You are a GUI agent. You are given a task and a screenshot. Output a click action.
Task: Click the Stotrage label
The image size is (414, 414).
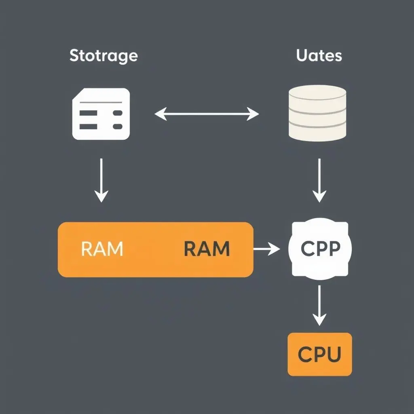[x=103, y=56]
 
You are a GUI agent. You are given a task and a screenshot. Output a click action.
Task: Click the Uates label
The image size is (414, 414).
[x=319, y=56]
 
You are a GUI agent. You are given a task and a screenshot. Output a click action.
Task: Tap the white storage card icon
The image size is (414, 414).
[x=101, y=114]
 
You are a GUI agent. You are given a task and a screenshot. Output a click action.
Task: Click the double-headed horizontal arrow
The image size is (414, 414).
[x=207, y=114]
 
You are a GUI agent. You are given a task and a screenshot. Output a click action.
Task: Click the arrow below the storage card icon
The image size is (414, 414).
[x=101, y=180]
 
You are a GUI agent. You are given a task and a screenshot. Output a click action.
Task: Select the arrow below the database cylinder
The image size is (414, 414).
[x=319, y=180]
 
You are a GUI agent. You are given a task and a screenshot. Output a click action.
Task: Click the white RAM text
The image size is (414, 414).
[x=102, y=249]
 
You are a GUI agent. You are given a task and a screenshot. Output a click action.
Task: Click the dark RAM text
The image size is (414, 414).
[x=207, y=249]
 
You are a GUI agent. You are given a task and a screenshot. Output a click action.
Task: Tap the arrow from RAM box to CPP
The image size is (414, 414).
[x=266, y=249]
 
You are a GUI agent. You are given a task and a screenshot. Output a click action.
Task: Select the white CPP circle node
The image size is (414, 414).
[x=319, y=249]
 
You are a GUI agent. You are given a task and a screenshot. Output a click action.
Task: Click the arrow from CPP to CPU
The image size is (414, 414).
[x=319, y=305]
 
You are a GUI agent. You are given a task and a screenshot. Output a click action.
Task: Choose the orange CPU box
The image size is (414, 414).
[x=319, y=354]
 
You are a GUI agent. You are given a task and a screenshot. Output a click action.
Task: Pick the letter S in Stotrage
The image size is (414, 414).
[x=74, y=56]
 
